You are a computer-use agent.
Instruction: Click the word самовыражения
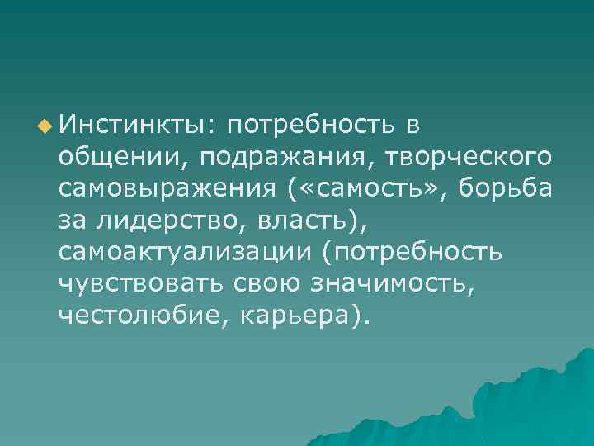tap(166, 189)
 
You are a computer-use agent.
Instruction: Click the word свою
tap(261, 283)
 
